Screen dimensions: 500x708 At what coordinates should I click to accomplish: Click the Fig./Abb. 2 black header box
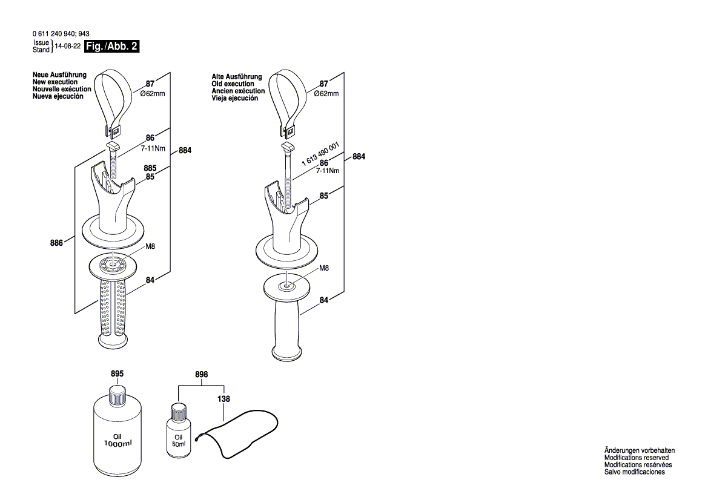(x=112, y=46)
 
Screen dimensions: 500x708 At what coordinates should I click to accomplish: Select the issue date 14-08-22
(x=68, y=46)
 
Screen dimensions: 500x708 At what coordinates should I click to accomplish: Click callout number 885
(x=150, y=168)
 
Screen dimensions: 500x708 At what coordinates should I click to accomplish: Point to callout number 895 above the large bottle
(x=117, y=375)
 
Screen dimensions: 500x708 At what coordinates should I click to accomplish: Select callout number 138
(x=223, y=399)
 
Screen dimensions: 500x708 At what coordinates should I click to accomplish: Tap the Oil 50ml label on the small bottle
(x=179, y=441)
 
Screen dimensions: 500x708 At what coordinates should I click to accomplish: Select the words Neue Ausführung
(x=59, y=76)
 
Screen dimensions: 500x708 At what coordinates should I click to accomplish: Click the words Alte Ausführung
(x=237, y=77)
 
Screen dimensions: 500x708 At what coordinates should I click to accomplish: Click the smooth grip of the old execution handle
(x=288, y=327)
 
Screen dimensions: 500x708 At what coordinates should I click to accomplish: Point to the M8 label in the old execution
(x=324, y=268)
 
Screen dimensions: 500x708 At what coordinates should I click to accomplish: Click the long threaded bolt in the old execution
(x=288, y=176)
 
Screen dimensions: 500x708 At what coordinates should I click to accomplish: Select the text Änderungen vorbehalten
(x=640, y=451)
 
